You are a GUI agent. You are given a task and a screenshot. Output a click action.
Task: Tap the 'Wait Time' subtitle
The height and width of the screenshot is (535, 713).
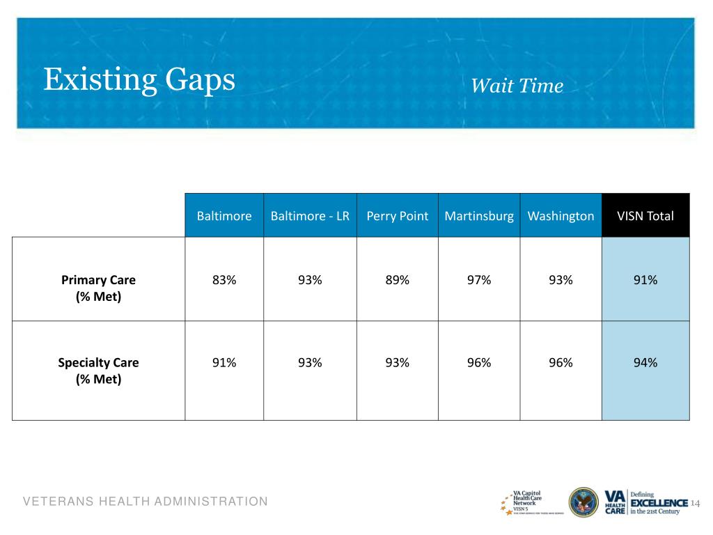click(x=517, y=86)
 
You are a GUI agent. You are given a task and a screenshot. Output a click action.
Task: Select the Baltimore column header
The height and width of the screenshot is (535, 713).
click(x=224, y=216)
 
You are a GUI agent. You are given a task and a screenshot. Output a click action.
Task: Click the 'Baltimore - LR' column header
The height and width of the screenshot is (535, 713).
click(x=310, y=216)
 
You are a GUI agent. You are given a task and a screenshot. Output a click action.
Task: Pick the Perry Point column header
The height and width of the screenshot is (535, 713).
click(x=398, y=216)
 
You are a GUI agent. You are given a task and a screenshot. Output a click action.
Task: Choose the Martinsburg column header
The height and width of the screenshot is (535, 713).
click(x=479, y=216)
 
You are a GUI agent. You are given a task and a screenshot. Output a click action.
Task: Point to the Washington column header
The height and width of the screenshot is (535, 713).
click(x=561, y=216)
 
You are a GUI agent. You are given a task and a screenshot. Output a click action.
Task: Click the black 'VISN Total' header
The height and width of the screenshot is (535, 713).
click(x=645, y=216)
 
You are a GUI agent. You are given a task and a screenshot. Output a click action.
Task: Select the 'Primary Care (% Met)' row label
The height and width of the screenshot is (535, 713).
click(x=98, y=288)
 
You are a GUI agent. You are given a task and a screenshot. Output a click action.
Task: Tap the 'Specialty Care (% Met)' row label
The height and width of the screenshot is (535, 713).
click(x=98, y=371)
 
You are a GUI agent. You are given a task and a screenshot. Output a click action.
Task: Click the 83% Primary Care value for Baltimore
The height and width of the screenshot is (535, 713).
click(x=224, y=280)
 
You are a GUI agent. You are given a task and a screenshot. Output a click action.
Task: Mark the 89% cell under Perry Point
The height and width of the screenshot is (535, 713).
click(x=398, y=280)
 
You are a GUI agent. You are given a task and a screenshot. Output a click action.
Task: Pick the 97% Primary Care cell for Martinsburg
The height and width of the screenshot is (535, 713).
click(x=479, y=280)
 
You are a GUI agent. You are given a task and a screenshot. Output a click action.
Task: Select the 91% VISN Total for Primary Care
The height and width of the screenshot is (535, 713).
click(x=645, y=280)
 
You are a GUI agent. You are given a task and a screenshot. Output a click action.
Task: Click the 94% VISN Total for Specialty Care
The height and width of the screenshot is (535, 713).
click(x=645, y=362)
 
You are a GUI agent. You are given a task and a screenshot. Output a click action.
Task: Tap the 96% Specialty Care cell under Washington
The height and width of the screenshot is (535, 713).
click(x=561, y=362)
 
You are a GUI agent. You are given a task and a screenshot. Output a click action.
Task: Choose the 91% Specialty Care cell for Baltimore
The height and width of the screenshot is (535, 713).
click(x=224, y=362)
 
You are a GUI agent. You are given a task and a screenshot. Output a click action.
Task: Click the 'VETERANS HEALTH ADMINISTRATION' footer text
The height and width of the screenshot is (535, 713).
click(x=145, y=502)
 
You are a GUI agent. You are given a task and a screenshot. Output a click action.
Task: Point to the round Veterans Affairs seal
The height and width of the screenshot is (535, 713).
click(x=583, y=502)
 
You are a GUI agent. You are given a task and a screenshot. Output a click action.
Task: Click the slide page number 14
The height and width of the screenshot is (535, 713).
click(x=694, y=503)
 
